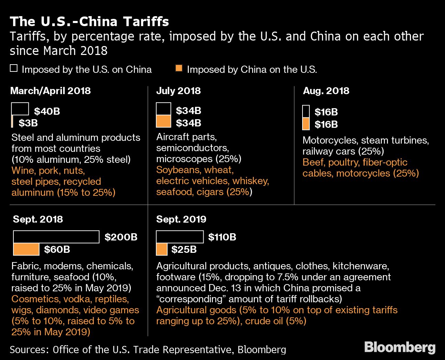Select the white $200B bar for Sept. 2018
pos(56,237)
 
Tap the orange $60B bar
pos(26,249)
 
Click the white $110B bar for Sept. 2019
pos(180,237)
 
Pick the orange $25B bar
pos(162,249)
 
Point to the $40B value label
pos(47,111)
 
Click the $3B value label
pos(28,123)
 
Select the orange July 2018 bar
pos(163,121)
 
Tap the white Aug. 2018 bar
pos(306,112)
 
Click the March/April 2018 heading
pos(50,91)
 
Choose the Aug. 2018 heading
pos(326,91)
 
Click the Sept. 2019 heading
pos(181,219)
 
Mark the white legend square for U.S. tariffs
pos(14,68)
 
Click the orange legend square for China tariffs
pos(179,68)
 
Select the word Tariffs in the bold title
pos(146,21)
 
